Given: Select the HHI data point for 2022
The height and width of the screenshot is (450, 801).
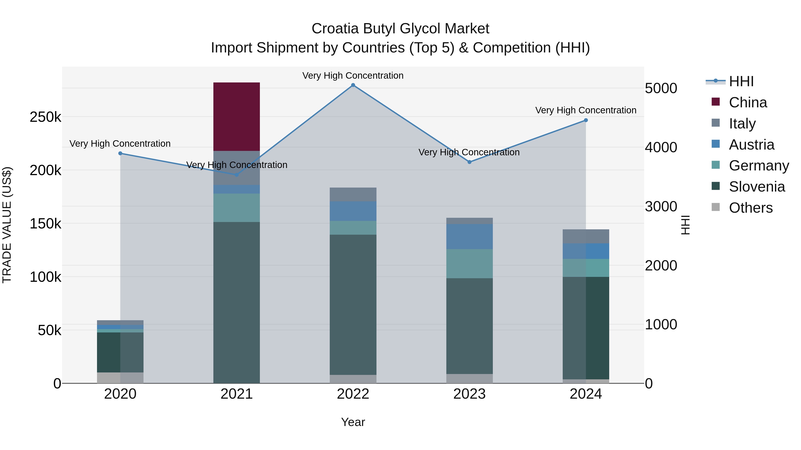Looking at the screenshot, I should tap(353, 85).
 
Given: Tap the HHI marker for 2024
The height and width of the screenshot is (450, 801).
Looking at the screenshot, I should tap(586, 120).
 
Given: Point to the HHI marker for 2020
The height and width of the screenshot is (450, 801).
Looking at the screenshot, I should tap(120, 153).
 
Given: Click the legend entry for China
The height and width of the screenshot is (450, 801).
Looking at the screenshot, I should tap(748, 102).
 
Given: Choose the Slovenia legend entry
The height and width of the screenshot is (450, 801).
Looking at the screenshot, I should tap(756, 187).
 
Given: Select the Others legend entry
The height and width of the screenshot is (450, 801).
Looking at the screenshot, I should tap(751, 208).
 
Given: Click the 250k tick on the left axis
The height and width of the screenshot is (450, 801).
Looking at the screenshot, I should tap(45, 117).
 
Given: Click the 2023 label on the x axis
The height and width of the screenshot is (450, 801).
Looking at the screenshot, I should tap(469, 394).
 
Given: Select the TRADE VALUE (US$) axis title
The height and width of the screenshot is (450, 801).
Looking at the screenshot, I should tap(7, 225).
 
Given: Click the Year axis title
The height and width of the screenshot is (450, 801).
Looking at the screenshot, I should tap(353, 422).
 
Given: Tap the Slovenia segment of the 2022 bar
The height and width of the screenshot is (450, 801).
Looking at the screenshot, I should tap(353, 304).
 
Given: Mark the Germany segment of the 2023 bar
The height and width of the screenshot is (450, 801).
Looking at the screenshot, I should tap(469, 263).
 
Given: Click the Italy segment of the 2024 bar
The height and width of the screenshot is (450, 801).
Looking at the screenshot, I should tap(586, 236).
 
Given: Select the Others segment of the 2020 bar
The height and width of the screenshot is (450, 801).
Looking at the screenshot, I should tap(120, 378).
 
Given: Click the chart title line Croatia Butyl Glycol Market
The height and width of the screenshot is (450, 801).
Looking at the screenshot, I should tap(400, 29).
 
